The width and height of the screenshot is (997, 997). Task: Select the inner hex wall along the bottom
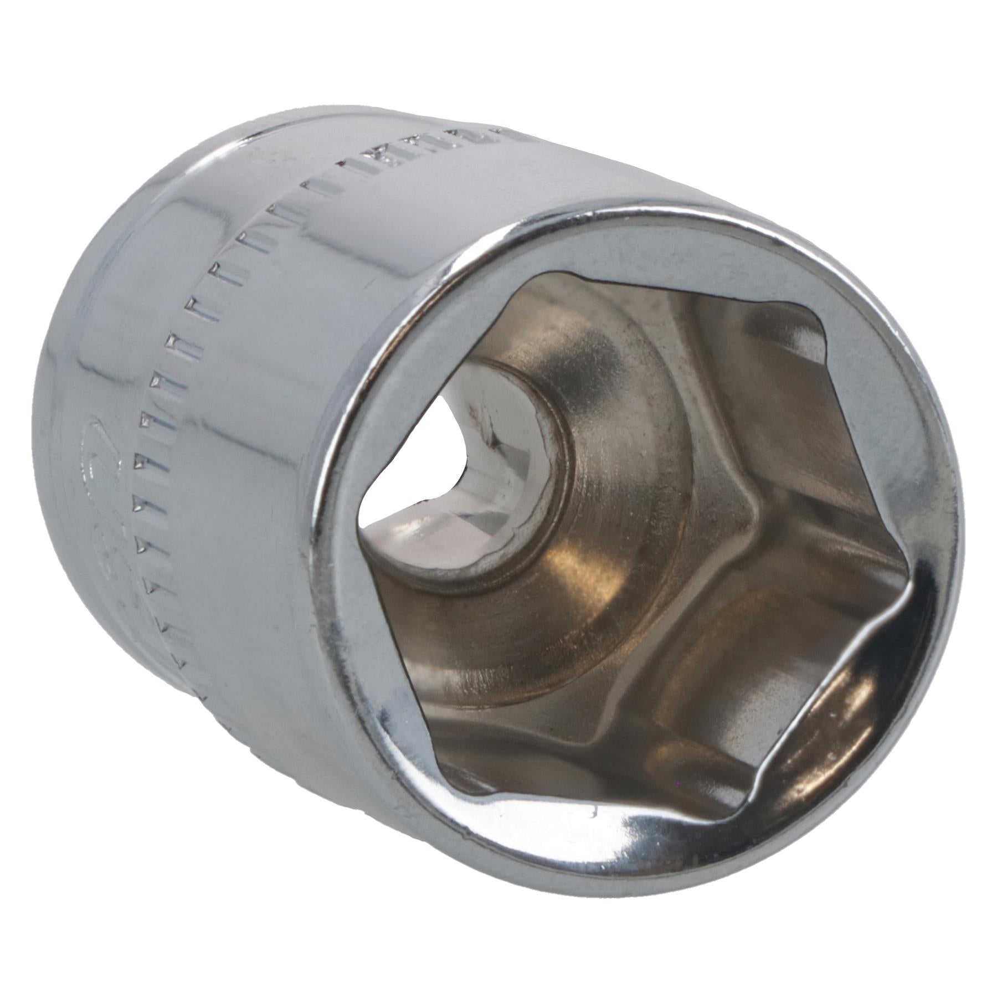(x=609, y=775)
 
